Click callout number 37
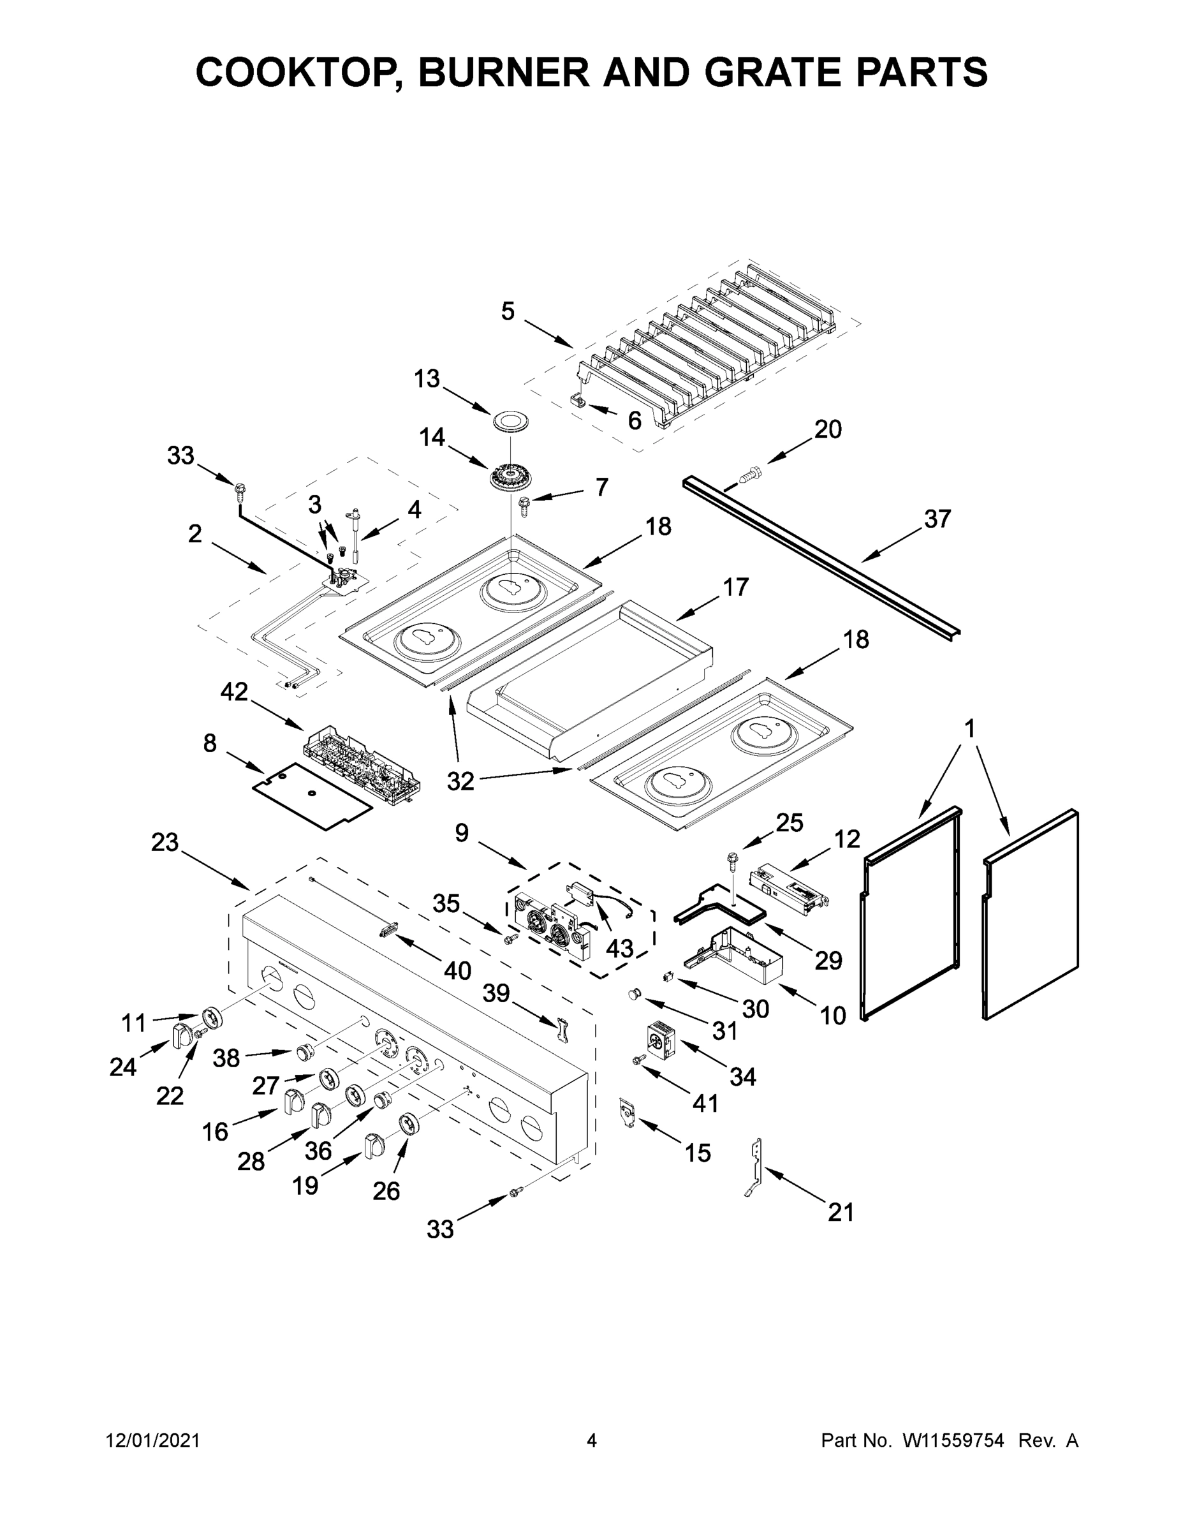pos(937,519)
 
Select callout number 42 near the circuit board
pos(234,692)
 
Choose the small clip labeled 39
pos(561,1030)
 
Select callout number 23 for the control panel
pos(165,842)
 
